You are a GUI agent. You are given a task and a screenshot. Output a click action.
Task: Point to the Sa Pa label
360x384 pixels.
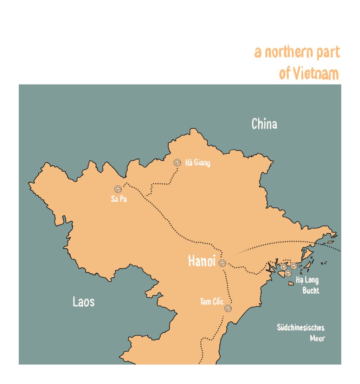pos(118,199)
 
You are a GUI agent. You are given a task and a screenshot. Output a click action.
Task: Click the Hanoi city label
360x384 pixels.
pos(201,261)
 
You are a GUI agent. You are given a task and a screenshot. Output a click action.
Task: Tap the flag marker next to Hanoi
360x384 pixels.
pos(222,263)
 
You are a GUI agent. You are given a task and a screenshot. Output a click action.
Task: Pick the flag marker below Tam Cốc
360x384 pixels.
pos(228,308)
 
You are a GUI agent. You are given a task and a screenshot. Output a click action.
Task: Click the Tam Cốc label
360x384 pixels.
pos(211,302)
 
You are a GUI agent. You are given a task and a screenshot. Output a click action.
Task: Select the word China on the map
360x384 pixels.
pos(264,124)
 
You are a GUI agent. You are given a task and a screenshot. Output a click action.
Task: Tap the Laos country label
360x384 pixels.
pos(83,301)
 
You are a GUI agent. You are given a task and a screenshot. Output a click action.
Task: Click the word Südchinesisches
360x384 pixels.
pos(301,328)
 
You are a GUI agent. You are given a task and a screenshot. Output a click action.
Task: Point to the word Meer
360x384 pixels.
pos(317,339)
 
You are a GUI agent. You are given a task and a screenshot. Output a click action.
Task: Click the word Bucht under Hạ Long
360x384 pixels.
pos(311,291)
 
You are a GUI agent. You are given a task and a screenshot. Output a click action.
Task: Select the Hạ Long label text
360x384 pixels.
pos(307,281)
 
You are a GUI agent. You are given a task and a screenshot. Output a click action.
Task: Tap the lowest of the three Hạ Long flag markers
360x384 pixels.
pos(288,273)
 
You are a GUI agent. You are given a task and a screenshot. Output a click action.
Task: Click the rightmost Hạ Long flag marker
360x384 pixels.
pos(294,266)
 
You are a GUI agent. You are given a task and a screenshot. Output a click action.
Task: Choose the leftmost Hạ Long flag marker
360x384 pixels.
pos(283,267)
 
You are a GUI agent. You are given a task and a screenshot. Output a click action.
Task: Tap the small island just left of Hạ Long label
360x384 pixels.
pos(291,283)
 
